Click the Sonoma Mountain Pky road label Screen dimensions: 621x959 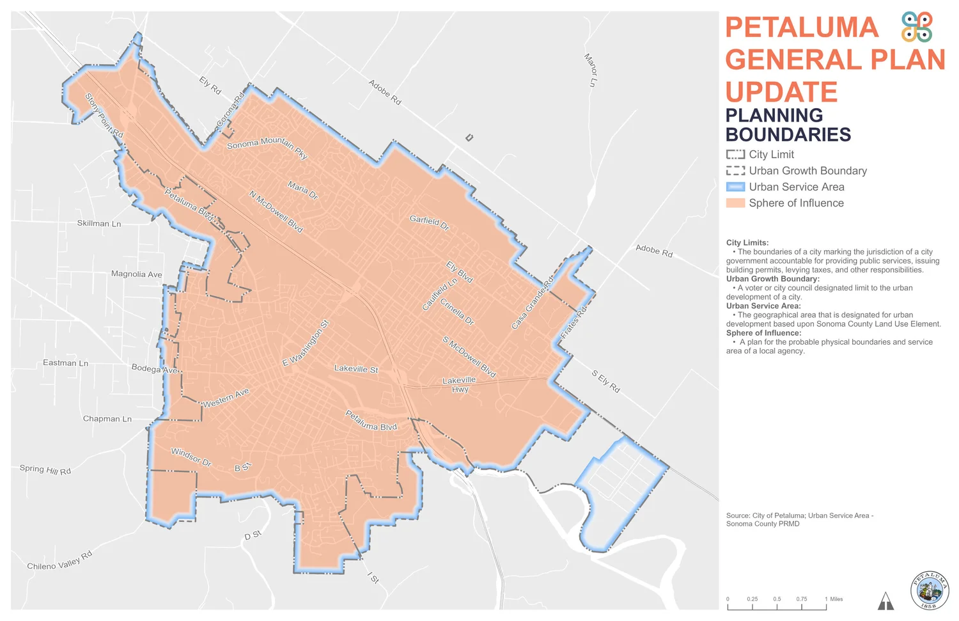(x=267, y=147)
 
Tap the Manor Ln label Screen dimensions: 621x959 (x=591, y=70)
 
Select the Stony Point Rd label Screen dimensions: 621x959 (x=104, y=116)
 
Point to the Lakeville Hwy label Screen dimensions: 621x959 (x=459, y=384)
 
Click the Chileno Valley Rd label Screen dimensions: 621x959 (x=60, y=561)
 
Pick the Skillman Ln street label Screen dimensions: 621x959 (x=99, y=223)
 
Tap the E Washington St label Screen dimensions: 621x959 (x=306, y=343)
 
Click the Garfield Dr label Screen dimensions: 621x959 (x=429, y=223)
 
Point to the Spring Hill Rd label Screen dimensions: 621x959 (x=45, y=469)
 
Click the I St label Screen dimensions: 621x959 (x=373, y=578)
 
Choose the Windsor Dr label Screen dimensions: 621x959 (x=191, y=457)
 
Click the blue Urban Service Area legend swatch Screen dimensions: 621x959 (x=735, y=187)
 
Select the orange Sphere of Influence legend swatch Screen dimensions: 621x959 (x=735, y=203)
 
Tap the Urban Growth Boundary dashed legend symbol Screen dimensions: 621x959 (x=735, y=171)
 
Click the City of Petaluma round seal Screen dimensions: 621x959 (x=929, y=590)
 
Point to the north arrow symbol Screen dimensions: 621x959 (x=885, y=601)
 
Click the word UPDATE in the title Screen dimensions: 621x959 (x=781, y=92)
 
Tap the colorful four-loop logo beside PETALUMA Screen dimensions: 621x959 (x=917, y=27)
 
